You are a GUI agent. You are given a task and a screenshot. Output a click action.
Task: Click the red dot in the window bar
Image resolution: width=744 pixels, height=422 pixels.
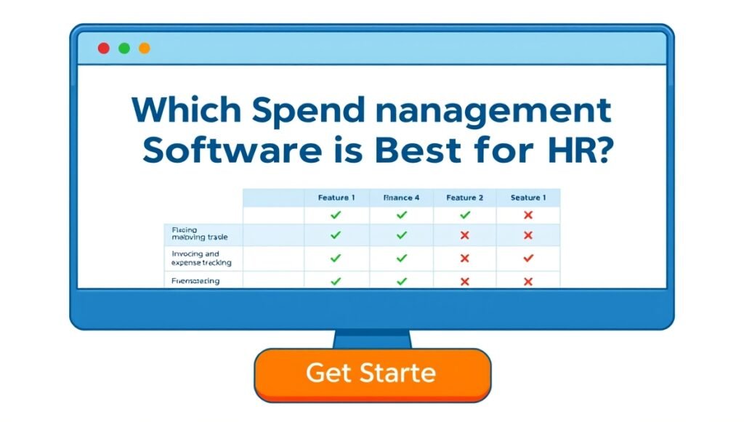tap(103, 48)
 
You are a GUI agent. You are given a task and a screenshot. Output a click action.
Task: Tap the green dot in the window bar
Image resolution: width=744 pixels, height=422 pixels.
tap(124, 48)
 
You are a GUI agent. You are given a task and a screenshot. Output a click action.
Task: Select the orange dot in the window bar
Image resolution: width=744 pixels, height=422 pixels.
tap(145, 48)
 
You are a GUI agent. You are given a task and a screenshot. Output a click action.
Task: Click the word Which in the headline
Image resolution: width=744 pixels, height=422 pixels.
tap(187, 110)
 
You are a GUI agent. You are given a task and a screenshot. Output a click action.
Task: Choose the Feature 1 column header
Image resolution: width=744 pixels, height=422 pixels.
tap(336, 198)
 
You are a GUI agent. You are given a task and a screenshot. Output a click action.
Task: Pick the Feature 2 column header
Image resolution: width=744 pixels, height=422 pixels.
tap(465, 198)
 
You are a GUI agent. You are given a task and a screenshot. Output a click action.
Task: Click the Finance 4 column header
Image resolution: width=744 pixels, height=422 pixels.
tap(401, 198)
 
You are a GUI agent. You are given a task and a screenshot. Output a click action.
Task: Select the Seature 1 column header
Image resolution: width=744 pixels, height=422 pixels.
tap(528, 198)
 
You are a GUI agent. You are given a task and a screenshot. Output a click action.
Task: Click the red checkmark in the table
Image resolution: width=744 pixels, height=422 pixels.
tap(528, 258)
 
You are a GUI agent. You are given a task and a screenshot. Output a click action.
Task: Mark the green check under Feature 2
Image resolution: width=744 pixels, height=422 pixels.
tap(465, 215)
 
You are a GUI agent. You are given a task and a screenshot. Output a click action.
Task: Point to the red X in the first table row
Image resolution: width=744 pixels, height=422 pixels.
tap(528, 215)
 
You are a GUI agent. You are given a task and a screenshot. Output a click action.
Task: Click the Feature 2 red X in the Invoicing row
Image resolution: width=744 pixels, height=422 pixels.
tap(465, 258)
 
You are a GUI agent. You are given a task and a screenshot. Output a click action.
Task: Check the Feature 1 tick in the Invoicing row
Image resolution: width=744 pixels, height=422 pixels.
tap(336, 258)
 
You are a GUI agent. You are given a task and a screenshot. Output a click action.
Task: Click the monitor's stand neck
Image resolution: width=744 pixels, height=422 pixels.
tap(372, 339)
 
